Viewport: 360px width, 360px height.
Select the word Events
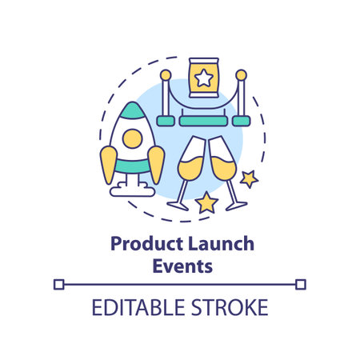(182, 266)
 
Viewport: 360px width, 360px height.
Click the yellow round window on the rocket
(132, 141)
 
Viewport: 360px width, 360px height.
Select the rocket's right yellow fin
(157, 163)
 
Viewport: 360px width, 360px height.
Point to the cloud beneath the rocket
(133, 189)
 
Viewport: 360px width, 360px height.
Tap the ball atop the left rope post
(166, 75)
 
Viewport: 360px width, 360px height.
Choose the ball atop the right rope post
(239, 75)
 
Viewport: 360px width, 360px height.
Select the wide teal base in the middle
(202, 121)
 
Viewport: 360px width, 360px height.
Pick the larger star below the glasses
(206, 202)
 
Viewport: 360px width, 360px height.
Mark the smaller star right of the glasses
(249, 178)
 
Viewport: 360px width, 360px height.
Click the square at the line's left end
(58, 283)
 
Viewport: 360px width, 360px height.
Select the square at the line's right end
(300, 283)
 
